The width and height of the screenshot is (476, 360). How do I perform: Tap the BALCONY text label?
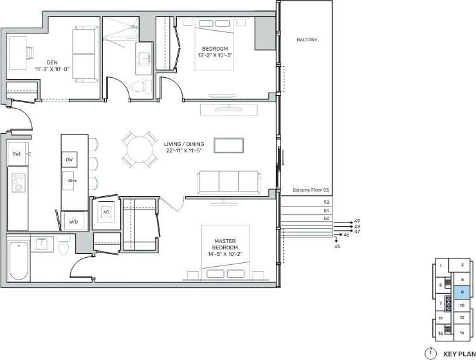click(307, 40)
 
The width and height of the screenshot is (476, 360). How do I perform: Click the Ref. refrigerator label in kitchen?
click(17, 154)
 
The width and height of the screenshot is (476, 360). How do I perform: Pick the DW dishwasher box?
click(69, 159)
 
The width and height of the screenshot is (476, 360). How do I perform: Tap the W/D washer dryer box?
click(73, 222)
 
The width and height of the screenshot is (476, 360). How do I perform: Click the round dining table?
click(140, 150)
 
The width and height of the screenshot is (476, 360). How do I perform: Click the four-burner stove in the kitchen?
click(18, 182)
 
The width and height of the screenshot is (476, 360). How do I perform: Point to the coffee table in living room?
click(229, 146)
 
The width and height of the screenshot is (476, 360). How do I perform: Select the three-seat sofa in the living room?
click(229, 182)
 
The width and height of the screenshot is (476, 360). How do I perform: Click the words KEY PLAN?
click(458, 353)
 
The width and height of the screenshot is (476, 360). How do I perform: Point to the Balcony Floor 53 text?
click(311, 190)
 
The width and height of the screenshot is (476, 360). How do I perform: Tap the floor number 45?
click(337, 246)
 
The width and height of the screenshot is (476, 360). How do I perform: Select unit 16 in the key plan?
click(462, 333)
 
